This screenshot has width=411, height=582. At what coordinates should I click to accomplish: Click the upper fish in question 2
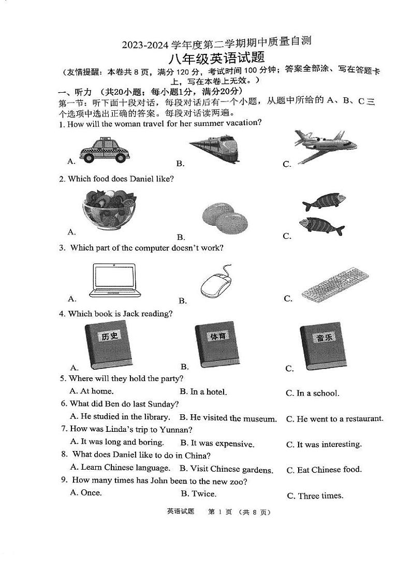tap(324, 201)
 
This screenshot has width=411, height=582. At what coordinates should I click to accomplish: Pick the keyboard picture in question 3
tap(335, 284)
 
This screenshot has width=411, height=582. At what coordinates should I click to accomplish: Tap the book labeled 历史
tap(108, 345)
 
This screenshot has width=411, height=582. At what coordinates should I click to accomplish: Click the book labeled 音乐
tap(324, 345)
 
